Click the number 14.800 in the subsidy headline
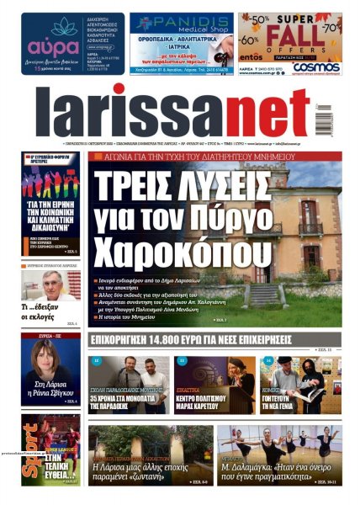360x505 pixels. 174,341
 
